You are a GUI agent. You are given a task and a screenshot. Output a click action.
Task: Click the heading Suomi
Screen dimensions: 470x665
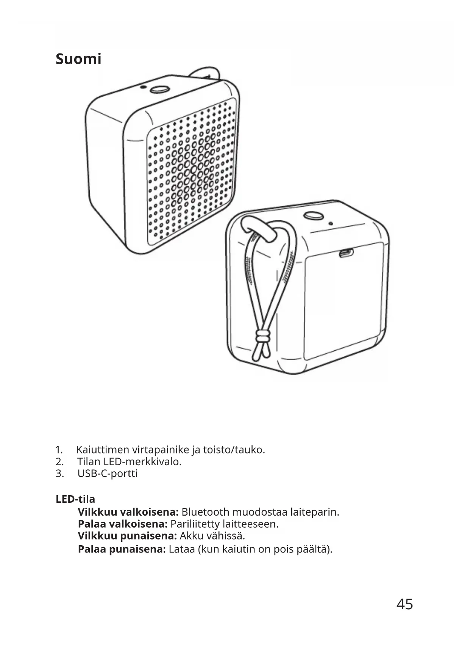tap(78, 59)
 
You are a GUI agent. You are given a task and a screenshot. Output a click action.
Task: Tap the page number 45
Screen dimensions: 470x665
tap(404, 604)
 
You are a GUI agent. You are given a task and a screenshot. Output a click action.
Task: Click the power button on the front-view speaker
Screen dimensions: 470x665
tap(159, 89)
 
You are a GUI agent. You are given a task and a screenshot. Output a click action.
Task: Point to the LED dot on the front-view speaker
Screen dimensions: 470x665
tap(142, 87)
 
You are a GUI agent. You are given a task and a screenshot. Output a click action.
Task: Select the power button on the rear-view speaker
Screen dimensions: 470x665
tap(313, 215)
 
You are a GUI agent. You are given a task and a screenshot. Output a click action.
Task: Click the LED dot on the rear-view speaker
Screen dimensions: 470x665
tap(331, 223)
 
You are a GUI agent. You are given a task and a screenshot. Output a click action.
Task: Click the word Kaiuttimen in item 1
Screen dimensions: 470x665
tap(103, 450)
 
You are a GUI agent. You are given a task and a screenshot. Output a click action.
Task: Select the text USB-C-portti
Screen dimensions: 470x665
tap(108, 474)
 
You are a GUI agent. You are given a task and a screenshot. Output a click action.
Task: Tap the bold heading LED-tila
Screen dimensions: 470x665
tap(75, 499)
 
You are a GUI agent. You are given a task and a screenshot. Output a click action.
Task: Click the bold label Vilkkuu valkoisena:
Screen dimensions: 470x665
tap(128, 512)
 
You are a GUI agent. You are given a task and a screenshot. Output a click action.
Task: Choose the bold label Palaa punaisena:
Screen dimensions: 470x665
tap(122, 549)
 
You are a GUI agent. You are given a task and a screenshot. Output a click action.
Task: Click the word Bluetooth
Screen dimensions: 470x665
tap(205, 512)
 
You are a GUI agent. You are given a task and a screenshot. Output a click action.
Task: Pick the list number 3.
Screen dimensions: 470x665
tap(59, 474)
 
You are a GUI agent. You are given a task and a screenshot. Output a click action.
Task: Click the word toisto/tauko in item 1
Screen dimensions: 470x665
tap(233, 450)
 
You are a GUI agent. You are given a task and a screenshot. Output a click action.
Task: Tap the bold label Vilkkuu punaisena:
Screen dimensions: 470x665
tap(127, 536)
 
